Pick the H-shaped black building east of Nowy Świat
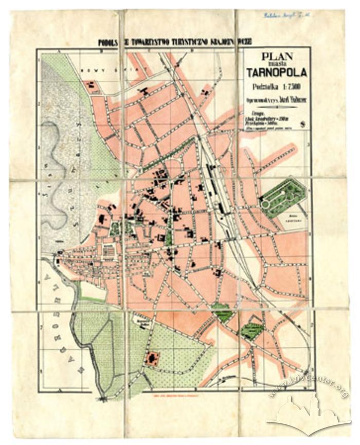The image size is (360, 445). click(145, 92)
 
